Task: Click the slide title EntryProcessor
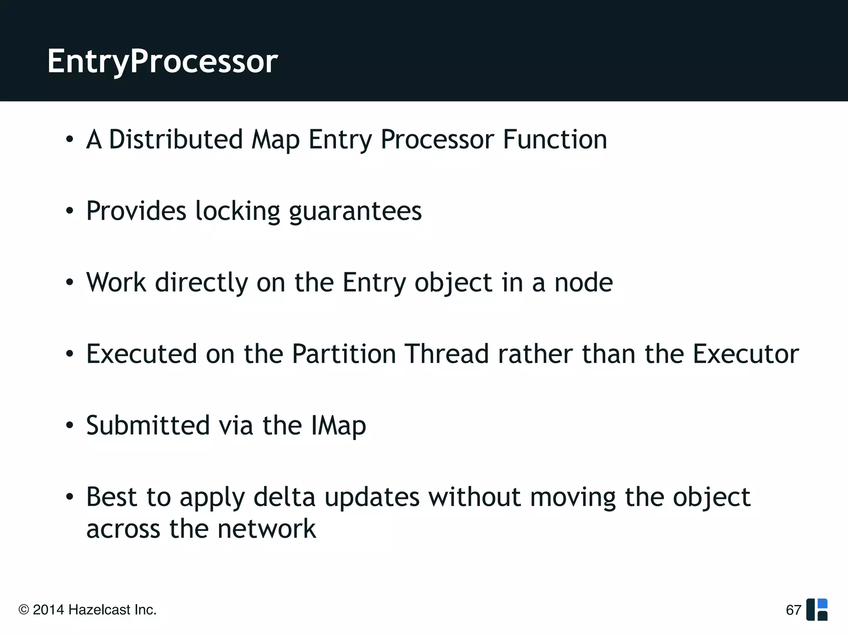point(162,61)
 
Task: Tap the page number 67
point(793,610)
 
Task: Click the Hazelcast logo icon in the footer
point(817,609)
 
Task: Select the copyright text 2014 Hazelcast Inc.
point(87,610)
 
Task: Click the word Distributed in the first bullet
point(176,139)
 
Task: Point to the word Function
point(555,139)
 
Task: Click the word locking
point(237,211)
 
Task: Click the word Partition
point(344,354)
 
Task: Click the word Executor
point(746,354)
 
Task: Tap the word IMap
point(338,426)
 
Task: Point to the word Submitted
point(148,425)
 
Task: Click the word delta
point(284,497)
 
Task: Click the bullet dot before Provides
point(70,211)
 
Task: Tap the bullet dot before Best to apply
point(70,496)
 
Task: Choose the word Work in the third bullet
point(116,283)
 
